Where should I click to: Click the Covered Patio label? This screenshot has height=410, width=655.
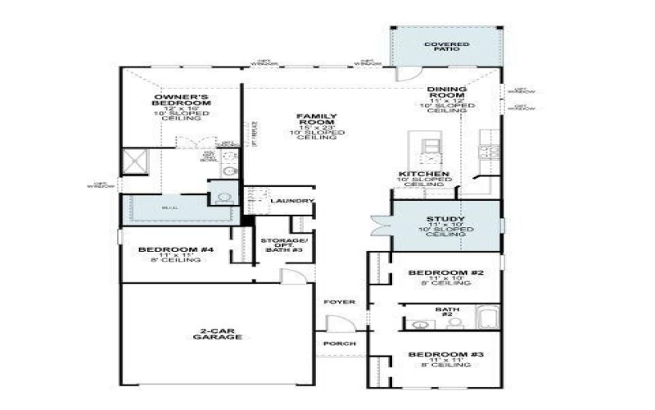(x=446, y=47)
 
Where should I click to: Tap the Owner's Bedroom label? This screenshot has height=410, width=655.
(x=183, y=102)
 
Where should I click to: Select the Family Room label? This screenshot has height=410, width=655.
(x=316, y=121)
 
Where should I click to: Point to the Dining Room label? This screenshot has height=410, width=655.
(x=447, y=93)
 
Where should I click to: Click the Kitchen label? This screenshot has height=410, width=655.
(x=423, y=175)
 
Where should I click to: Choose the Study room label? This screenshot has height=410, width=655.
(x=446, y=219)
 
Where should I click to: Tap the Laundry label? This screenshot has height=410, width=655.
(x=291, y=201)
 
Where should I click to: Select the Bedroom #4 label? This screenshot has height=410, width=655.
(x=175, y=249)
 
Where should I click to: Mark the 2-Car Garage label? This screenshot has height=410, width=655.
(x=218, y=334)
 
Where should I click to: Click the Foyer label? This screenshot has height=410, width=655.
(x=339, y=302)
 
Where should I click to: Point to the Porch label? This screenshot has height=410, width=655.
(x=339, y=343)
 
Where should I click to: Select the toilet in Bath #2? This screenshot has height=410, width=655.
(x=455, y=323)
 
